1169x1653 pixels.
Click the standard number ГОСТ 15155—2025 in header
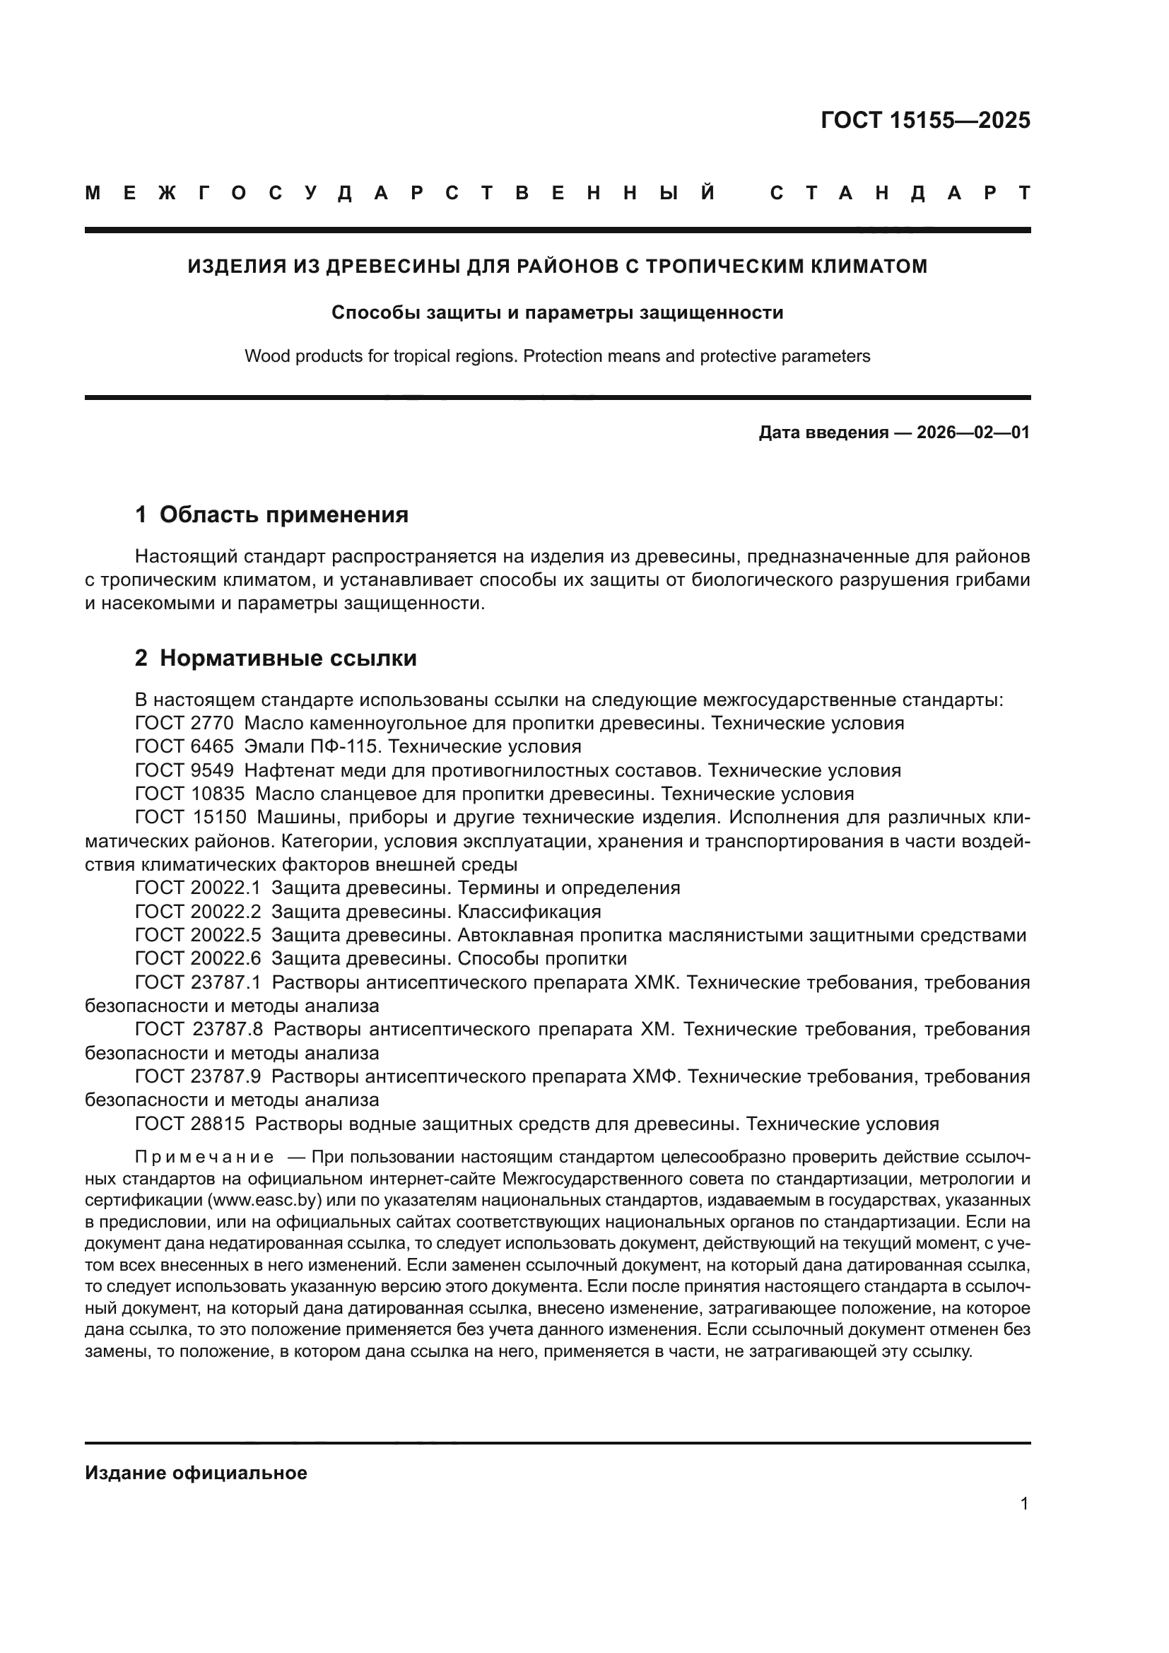(925, 120)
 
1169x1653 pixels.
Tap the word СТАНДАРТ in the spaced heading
(900, 193)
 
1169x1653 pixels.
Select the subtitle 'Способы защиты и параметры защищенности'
(557, 313)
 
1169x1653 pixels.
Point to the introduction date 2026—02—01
(973, 433)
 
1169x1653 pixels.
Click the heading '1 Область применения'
(271, 514)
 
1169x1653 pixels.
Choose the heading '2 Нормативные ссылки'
(276, 658)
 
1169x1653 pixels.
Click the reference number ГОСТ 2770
(184, 723)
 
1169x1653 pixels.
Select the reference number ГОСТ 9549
(184, 770)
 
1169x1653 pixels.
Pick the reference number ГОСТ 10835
(190, 794)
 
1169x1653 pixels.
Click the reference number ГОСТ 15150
(191, 818)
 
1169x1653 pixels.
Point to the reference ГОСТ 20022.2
(198, 912)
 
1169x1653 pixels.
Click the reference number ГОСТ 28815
(190, 1124)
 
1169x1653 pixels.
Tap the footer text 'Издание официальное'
(196, 1472)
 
